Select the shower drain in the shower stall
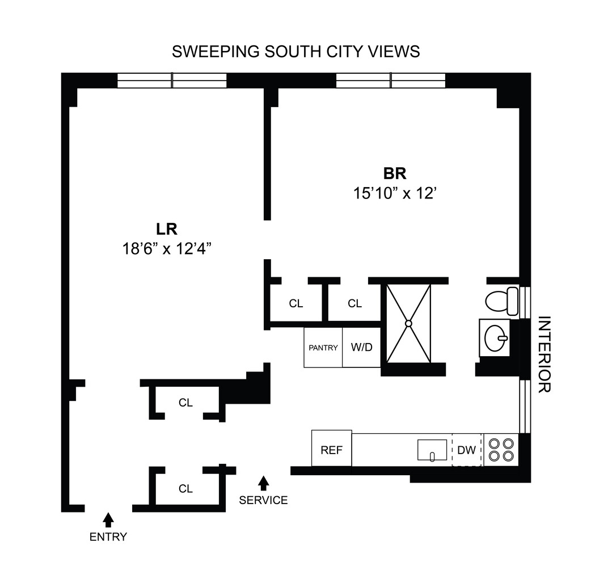click(408, 324)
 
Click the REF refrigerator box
click(332, 450)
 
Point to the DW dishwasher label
click(466, 450)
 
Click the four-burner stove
click(501, 450)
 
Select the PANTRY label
click(323, 348)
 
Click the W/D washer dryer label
click(362, 347)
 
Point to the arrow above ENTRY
click(108, 519)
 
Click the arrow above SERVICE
click(263, 483)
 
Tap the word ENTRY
click(108, 537)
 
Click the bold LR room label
click(167, 229)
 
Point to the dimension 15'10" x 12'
click(395, 193)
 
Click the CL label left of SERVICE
click(185, 489)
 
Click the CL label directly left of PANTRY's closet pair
click(296, 304)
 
